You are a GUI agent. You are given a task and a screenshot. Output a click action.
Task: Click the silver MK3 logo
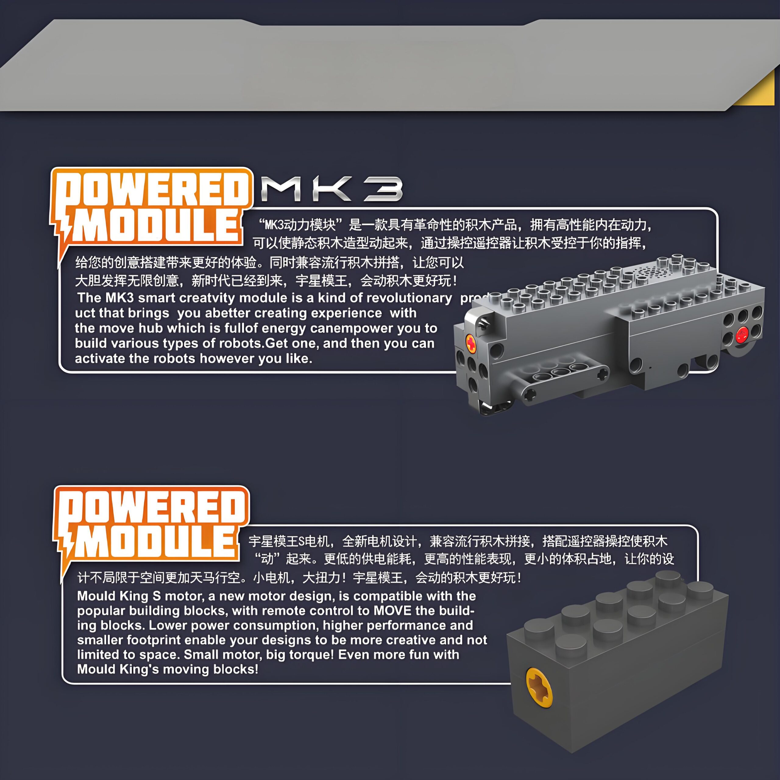332,189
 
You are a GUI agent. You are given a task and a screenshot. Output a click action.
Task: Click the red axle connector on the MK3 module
742,334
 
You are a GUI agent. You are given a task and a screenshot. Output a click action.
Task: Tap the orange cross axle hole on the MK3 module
471,343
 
